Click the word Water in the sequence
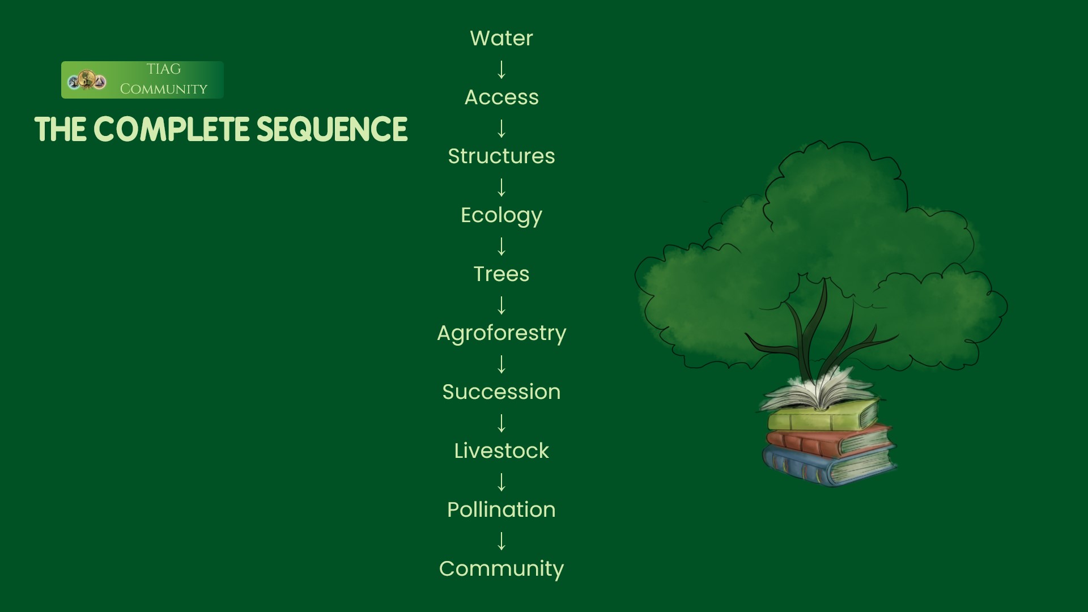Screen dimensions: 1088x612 [501, 38]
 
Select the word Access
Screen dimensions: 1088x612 [501, 97]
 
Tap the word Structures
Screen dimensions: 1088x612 [501, 156]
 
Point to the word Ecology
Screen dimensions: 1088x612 [501, 215]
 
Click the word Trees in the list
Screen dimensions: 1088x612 [501, 274]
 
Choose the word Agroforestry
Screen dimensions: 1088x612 [501, 333]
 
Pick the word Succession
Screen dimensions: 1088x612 [501, 392]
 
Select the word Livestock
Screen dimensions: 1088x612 [501, 450]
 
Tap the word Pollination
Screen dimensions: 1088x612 [501, 509]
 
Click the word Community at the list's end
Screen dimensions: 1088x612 [501, 569]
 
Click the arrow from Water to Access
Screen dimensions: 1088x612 [501, 69]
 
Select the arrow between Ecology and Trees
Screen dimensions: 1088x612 [501, 246]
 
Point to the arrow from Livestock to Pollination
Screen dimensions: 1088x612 [501, 482]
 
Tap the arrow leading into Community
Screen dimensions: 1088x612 [501, 541]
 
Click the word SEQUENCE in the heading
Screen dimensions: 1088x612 [332, 130]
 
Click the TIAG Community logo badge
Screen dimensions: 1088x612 [142, 80]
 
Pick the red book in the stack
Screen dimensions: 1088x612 [828, 439]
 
